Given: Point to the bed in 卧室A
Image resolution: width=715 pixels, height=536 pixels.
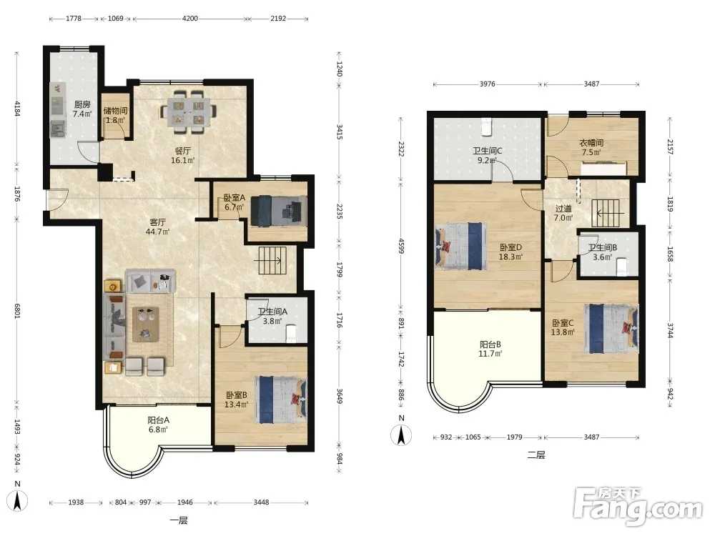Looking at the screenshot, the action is point(278,211).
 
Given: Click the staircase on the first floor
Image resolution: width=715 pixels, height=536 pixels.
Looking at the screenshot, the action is point(272,260).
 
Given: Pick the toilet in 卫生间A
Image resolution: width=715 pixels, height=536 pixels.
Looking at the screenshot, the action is point(290,333).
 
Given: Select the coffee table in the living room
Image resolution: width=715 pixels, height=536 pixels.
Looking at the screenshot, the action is point(145,324).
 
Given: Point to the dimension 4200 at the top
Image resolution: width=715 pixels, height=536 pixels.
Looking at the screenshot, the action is point(189,19).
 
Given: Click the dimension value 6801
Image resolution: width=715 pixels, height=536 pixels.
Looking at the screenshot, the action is point(17,311).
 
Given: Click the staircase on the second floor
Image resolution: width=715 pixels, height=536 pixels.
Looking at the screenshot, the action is point(606,213).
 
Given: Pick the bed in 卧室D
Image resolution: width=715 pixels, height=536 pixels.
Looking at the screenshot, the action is point(461,246).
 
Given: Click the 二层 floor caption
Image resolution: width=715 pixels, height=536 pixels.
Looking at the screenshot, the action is point(536,455).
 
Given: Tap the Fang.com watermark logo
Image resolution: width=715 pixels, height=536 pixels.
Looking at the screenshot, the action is point(638,505).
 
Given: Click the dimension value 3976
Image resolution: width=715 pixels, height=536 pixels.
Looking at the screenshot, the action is point(487,84).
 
